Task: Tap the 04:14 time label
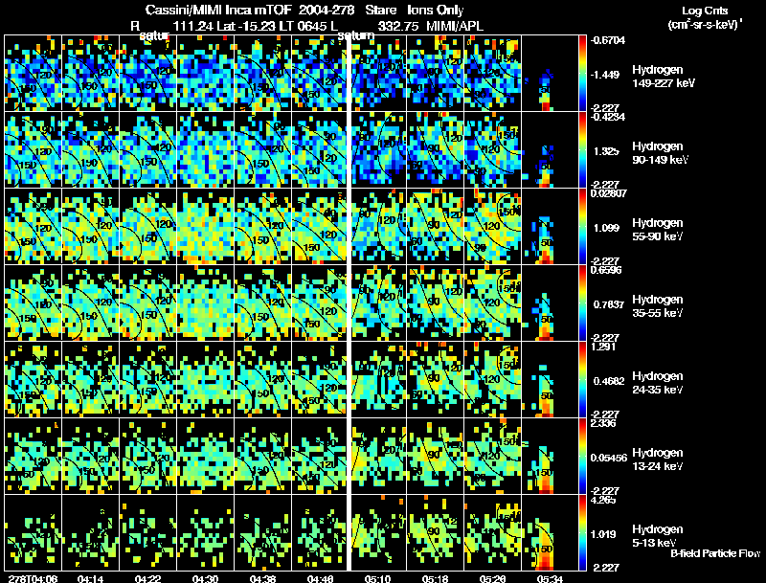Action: [x=91, y=578]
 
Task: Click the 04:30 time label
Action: [x=206, y=578]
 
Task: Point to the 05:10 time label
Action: [x=378, y=578]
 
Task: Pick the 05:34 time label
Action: [x=551, y=578]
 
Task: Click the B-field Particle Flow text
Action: [x=715, y=553]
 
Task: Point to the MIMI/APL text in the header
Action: [x=455, y=25]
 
